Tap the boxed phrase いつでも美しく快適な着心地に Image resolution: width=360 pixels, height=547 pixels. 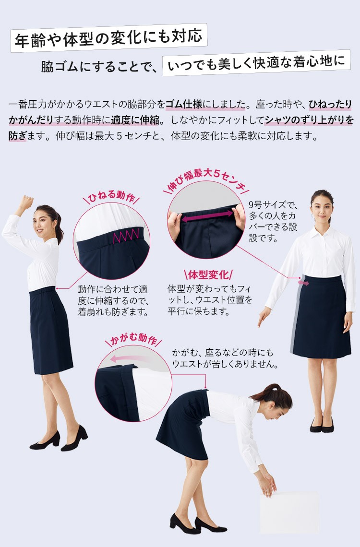click(x=256, y=63)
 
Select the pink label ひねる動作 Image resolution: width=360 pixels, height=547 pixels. click(x=111, y=197)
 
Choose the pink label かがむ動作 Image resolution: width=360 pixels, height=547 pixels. click(x=133, y=339)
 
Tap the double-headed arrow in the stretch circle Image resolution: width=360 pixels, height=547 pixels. click(x=207, y=215)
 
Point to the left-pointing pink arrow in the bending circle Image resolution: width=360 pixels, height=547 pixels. click(x=130, y=359)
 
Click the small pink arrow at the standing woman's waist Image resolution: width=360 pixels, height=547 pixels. click(x=303, y=283)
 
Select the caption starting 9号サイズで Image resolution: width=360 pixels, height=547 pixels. click(x=273, y=222)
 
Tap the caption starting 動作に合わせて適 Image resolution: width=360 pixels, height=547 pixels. click(x=113, y=301)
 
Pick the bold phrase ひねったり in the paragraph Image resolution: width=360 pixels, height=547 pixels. click(x=331, y=104)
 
